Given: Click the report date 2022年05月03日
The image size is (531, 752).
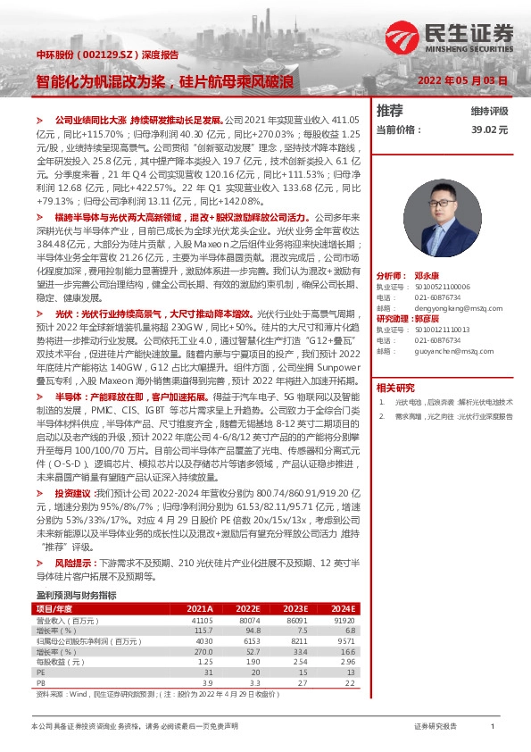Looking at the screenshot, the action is coord(462,79).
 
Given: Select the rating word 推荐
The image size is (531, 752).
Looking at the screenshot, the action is coord(389,110).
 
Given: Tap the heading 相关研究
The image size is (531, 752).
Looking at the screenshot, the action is coord(395,363).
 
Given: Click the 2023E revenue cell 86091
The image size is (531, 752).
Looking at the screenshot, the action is coord(296,620).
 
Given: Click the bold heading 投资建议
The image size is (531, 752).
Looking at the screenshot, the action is coord(73,492).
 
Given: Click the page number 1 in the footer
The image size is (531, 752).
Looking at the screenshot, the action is coord(492,727).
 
